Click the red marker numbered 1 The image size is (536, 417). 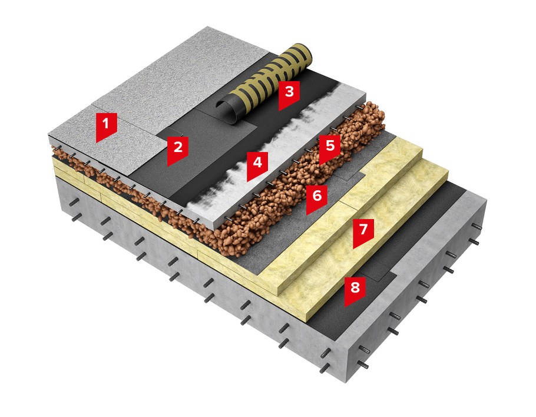pos(106,126)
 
